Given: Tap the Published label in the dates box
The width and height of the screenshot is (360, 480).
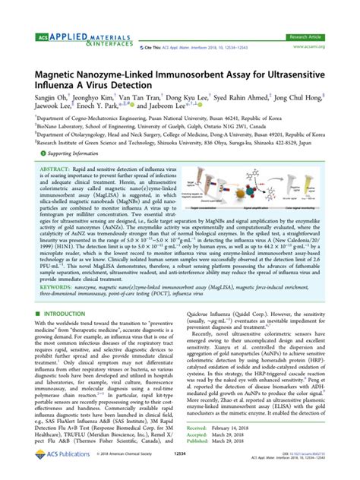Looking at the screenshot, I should (201, 442).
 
